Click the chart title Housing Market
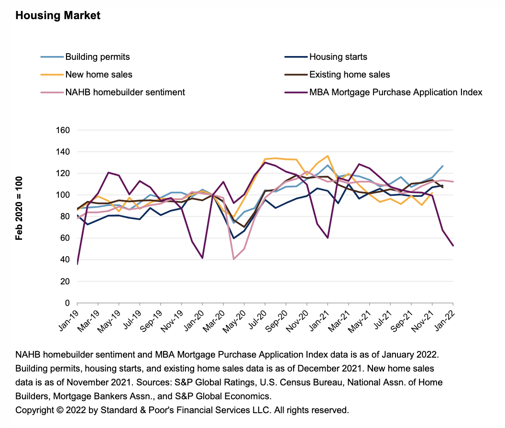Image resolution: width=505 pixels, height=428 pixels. [58, 15]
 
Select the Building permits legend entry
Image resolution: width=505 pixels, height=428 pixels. [98, 57]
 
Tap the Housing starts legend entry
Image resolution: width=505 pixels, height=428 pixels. [338, 57]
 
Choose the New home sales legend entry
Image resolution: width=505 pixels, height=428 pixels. [99, 75]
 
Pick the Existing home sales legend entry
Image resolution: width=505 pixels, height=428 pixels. [350, 75]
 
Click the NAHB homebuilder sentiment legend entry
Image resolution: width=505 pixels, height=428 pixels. [125, 92]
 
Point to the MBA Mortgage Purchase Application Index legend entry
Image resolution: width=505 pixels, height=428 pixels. [395, 92]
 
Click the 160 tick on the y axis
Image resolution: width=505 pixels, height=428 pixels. [63, 130]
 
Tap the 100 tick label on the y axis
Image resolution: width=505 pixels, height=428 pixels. [63, 195]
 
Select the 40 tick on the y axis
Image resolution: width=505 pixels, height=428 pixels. [65, 260]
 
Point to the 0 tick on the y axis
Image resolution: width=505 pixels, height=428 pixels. [67, 303]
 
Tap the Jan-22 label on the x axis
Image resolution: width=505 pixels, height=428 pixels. [445, 318]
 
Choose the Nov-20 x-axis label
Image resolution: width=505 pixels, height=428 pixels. [298, 318]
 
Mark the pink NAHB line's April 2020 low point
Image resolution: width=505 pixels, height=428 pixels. [234, 259]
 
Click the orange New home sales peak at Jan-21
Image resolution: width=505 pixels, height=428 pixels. [328, 156]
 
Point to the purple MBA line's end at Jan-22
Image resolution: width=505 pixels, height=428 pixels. [453, 246]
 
